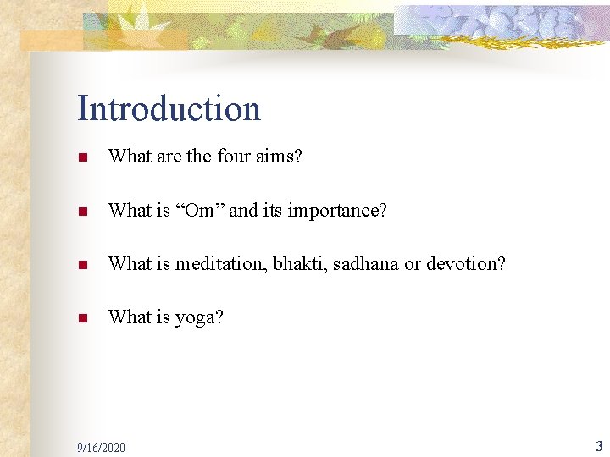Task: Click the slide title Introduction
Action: click(x=169, y=108)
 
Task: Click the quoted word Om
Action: click(x=200, y=210)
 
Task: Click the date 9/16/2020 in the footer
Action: click(x=101, y=447)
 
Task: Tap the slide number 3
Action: click(x=599, y=445)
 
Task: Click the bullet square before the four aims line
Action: click(x=82, y=157)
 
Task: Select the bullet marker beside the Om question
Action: click(x=82, y=211)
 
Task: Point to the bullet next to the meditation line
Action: click(x=82, y=265)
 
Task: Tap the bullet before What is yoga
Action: click(x=82, y=319)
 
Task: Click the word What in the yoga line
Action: click(x=130, y=317)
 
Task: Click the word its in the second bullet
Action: click(x=273, y=210)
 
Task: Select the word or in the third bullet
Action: click(x=412, y=264)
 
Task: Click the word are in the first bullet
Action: click(x=169, y=156)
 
